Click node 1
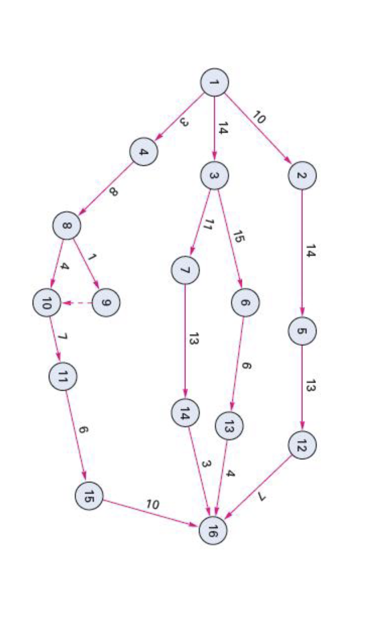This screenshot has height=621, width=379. [x=215, y=82]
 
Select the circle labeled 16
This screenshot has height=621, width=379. [x=213, y=530]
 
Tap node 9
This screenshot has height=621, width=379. [x=106, y=303]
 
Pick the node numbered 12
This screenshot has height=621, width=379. [x=302, y=444]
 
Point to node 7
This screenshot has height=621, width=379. [x=185, y=270]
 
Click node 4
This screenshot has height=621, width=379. [x=144, y=152]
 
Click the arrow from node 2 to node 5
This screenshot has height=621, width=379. [x=302, y=253]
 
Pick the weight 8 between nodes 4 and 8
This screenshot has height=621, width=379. [x=113, y=192]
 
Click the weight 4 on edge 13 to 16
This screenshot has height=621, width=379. [x=231, y=473]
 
